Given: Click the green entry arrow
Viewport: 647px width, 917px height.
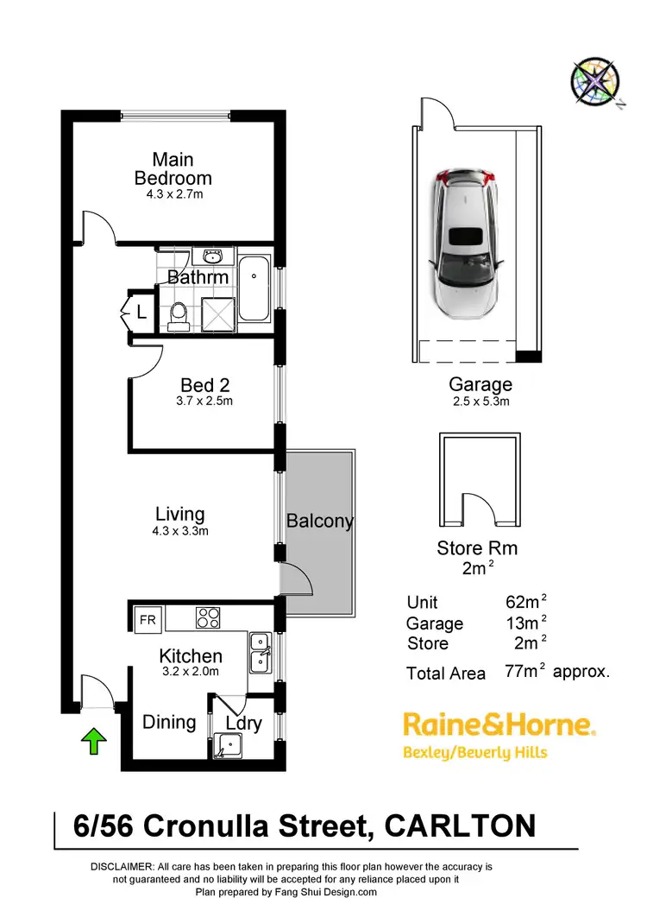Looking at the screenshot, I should click(94, 739).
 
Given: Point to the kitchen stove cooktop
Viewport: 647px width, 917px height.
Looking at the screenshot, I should click(209, 618).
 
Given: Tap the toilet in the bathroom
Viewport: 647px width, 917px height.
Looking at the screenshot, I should click(179, 317).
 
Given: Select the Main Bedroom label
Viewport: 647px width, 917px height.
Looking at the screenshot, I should click(173, 169).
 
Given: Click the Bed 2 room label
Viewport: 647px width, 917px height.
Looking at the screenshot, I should click(204, 385).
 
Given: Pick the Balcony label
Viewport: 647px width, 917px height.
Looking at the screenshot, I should click(320, 521).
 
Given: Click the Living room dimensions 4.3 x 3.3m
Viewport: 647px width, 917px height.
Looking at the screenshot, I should click(179, 531).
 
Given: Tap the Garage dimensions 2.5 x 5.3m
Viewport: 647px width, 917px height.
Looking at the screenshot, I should click(481, 402).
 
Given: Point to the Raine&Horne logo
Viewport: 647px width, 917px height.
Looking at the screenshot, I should click(499, 724).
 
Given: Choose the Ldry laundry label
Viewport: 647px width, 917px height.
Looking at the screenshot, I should click(243, 723).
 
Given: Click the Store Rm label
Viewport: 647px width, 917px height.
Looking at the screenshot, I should click(477, 547).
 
